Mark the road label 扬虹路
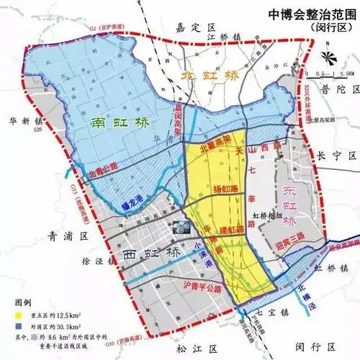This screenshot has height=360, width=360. tap(225, 189)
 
